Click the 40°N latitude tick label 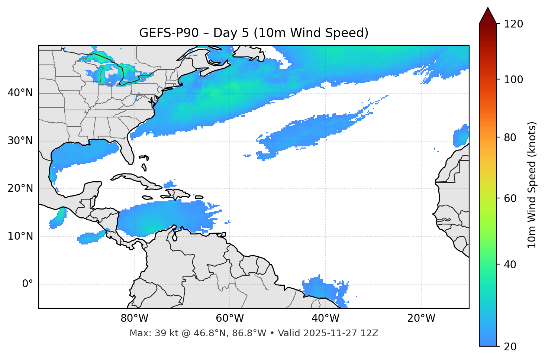[x=20, y=93]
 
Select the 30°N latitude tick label [x=20, y=141]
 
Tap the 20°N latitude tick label [x=20, y=188]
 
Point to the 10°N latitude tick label [x=20, y=236]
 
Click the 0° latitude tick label [x=28, y=284]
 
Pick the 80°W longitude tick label [x=135, y=318]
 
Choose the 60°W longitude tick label [x=230, y=318]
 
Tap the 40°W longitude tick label [x=326, y=318]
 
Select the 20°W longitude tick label [x=421, y=318]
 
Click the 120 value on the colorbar [x=513, y=24]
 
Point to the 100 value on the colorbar [x=513, y=80]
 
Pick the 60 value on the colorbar [x=510, y=198]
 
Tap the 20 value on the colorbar [x=510, y=347]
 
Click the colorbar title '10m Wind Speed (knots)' [x=532, y=185]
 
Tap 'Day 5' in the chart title [x=230, y=33]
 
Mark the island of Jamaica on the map [x=147, y=198]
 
